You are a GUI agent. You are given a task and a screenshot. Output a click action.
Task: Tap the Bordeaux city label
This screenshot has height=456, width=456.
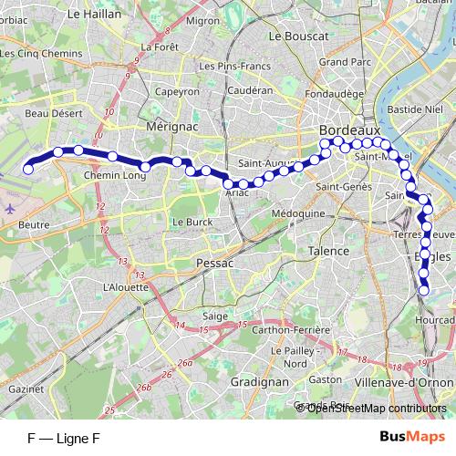click(x=349, y=131)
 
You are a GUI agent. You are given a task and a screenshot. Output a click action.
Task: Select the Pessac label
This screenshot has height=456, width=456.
click(x=215, y=263)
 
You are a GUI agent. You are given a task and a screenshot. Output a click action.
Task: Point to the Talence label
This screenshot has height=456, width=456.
click(x=328, y=251)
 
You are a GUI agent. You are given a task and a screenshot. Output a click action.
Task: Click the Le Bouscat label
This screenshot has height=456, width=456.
click(x=298, y=36)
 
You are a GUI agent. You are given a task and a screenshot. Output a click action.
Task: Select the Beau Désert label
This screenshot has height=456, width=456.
click(x=48, y=115)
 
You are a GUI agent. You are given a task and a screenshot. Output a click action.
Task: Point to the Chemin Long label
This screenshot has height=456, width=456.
click(x=115, y=175)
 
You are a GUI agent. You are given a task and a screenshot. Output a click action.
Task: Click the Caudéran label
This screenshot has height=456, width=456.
click(x=250, y=91)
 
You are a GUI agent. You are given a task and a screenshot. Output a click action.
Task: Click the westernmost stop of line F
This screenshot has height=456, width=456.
click(x=28, y=169)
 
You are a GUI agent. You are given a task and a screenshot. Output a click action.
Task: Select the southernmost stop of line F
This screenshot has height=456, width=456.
click(x=424, y=291)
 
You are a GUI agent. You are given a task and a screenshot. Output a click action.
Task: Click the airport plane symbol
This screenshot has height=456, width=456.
click(x=9, y=207)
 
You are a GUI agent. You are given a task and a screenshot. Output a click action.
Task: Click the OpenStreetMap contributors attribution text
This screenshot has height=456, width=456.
click(x=376, y=408)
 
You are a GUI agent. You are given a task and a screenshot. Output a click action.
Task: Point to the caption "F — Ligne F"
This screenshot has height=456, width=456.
click(x=63, y=439)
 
